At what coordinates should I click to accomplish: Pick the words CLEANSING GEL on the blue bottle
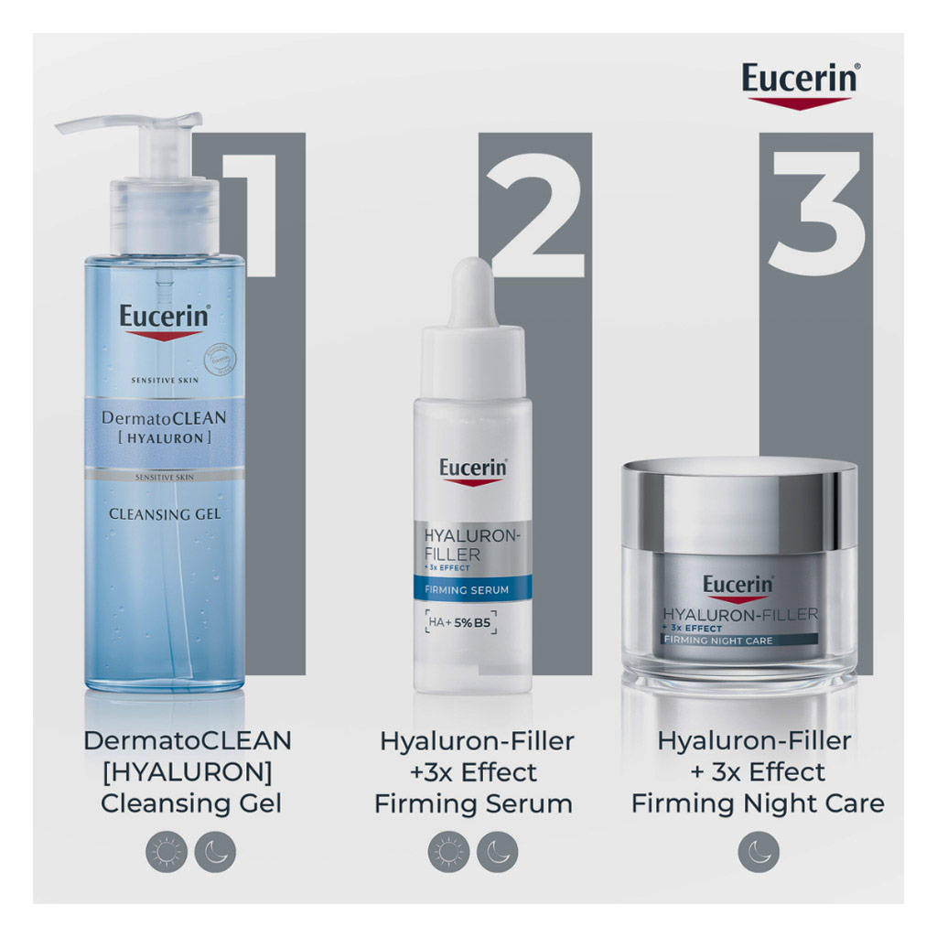(165, 514)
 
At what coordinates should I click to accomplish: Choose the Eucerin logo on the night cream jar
(738, 585)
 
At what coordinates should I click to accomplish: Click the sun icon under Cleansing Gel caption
(167, 853)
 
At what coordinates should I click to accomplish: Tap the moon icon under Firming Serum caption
(498, 853)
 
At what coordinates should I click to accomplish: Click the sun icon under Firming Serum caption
(449, 853)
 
